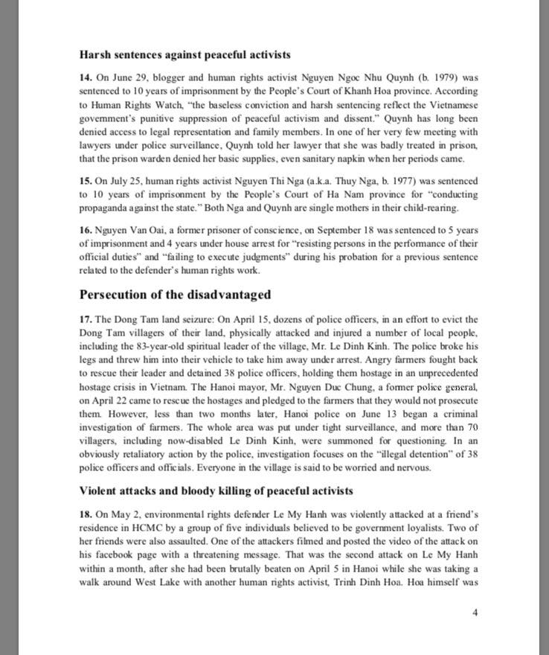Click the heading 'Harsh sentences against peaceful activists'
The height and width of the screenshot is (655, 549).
(184, 54)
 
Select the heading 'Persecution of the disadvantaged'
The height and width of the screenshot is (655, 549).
(175, 293)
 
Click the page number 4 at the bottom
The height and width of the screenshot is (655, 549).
(475, 612)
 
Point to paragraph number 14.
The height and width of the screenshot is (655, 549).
(86, 77)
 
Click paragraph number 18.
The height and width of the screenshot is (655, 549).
(86, 514)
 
